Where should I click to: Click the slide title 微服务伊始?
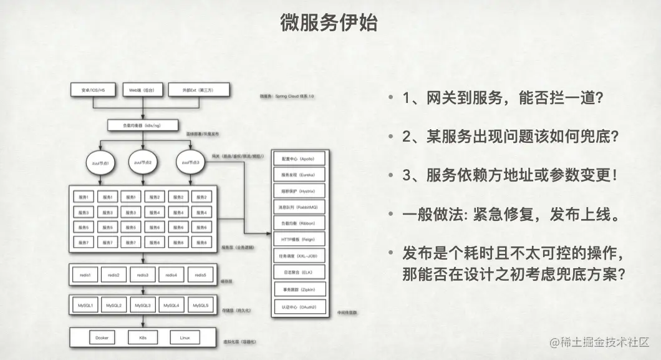pyautogui.click(x=329, y=23)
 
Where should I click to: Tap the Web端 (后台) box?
pyautogui.click(x=142, y=90)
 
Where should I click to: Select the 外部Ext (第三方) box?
pyautogui.click(x=199, y=90)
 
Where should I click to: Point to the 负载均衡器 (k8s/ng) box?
pyautogui.click(x=143, y=125)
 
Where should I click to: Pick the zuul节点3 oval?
pyautogui.click(x=191, y=162)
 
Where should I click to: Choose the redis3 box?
pyautogui.click(x=143, y=275)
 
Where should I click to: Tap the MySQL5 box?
pyautogui.click(x=200, y=305)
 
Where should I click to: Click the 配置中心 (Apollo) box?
pyautogui.click(x=300, y=159)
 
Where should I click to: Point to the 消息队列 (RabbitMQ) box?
pyautogui.click(x=300, y=205)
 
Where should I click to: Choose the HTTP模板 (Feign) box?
pyautogui.click(x=300, y=239)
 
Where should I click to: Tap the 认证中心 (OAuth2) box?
pyautogui.click(x=300, y=307)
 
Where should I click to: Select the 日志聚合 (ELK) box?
pyautogui.click(x=300, y=273)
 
